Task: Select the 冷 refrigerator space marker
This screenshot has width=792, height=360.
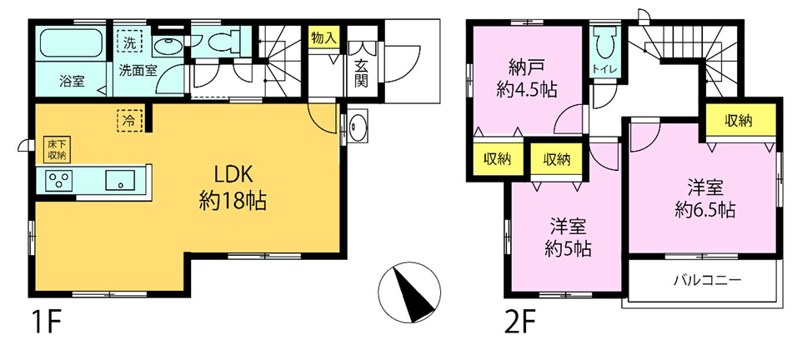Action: coord(130,120)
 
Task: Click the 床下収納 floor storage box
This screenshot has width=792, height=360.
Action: coord(57,149)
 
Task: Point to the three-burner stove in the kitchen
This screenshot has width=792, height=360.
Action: coord(59,180)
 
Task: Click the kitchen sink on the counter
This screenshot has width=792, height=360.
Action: coord(120,180)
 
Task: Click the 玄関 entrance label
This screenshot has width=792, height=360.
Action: coord(360,73)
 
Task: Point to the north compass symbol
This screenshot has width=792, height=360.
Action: coord(409,292)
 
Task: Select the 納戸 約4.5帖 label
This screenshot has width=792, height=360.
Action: coord(527,79)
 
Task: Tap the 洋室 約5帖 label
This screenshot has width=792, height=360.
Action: coord(569,237)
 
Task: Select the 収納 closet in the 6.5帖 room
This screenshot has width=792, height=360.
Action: coord(740,120)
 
